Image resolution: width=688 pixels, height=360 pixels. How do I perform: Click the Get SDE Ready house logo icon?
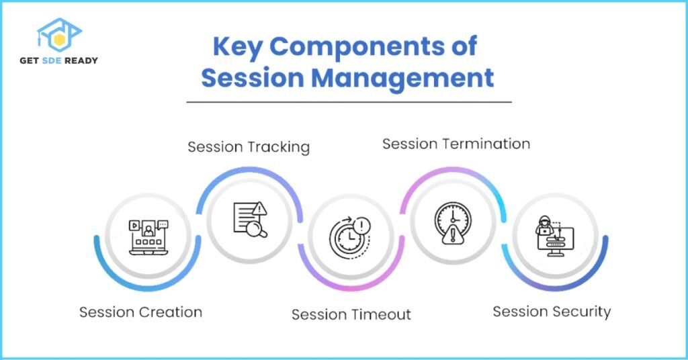pos(59,35)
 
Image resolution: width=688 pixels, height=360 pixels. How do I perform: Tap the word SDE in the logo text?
pos(51,60)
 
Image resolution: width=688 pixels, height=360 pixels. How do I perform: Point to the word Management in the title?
pos(402,79)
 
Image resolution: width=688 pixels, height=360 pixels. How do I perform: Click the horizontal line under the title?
pos(349,102)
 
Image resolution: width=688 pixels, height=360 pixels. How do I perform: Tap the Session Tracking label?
pos(249,147)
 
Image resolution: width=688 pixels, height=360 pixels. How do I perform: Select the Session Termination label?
pos(456,144)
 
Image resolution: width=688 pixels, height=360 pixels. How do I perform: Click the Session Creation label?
pos(141,312)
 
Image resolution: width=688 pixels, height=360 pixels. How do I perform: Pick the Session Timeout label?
pos(351,314)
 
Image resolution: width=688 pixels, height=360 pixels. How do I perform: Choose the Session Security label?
pos(552,312)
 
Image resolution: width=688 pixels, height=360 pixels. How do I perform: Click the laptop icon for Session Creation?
pos(148,237)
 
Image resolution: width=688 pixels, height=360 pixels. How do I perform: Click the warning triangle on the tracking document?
pos(260,208)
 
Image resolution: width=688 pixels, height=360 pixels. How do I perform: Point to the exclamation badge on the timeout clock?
pos(361,226)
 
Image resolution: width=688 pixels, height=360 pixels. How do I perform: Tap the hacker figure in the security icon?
pos(544,226)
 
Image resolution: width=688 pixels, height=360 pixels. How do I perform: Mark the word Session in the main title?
pos(253,79)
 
